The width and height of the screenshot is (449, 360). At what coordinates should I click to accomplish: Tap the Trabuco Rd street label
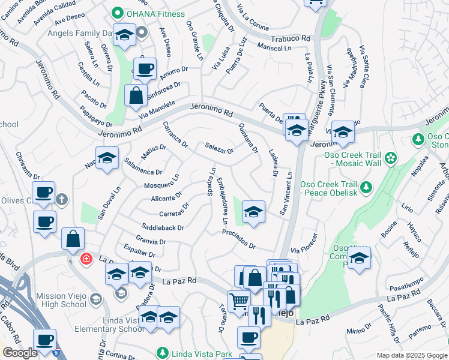pos(291,38)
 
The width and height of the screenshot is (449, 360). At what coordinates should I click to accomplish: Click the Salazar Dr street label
pos(219,148)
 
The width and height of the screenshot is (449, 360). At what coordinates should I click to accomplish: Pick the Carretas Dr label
pos(175,209)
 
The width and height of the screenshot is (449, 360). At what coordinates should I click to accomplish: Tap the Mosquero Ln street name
pos(161,181)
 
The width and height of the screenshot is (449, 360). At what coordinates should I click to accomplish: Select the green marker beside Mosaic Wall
pos(391,158)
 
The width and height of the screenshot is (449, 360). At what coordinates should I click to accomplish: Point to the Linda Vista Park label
pos(201,354)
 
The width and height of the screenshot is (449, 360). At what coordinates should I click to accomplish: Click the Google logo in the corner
pos(19,353)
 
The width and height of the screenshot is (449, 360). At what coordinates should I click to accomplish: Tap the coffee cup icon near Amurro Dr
pos(144,69)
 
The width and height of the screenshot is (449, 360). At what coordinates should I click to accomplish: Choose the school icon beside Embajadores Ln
pos(254,212)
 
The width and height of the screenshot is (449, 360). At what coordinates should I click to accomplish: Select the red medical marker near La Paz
pos(86,260)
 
